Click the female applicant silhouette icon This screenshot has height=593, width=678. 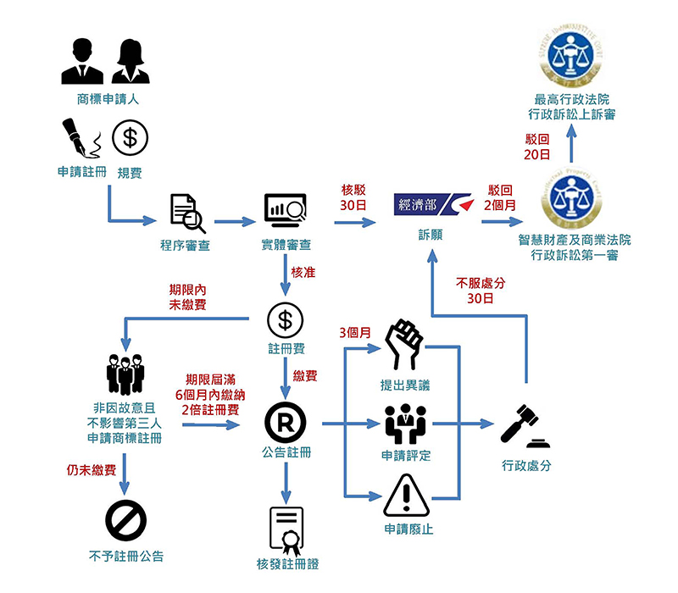tap(130, 62)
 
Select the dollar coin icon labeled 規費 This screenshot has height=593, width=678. tap(130, 139)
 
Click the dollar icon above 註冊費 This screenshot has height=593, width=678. tap(286, 320)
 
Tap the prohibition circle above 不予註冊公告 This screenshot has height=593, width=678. tap(125, 519)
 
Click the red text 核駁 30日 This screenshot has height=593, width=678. tap(353, 196)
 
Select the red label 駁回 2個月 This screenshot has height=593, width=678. tap(499, 197)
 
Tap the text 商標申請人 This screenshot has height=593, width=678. tap(107, 98)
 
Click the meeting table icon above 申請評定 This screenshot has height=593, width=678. tap(405, 423)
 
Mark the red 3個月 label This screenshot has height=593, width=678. tap(354, 331)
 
